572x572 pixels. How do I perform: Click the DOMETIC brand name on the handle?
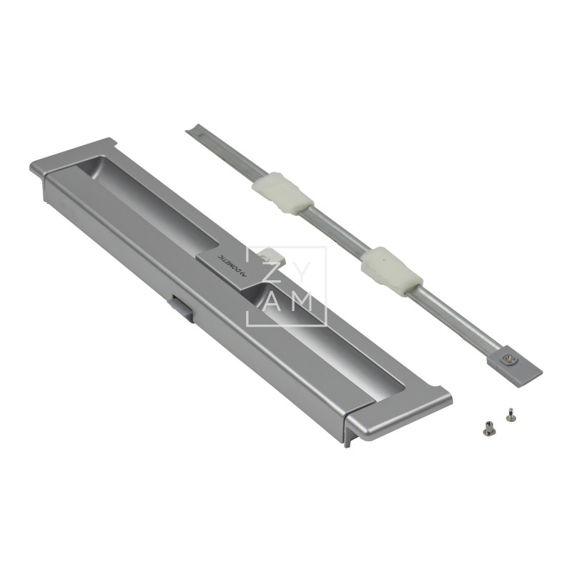click(228, 262)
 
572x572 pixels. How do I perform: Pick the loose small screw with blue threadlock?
click(509, 413)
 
